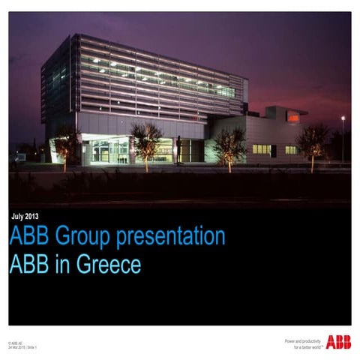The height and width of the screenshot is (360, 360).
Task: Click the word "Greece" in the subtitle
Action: [x=105, y=265]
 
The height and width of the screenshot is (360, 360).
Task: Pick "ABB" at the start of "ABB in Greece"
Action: [x=28, y=265]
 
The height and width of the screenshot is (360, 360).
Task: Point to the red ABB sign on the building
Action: [x=293, y=117]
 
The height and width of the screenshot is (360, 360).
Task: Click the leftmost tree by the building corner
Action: [x=67, y=142]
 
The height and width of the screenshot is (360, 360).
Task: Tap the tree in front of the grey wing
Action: [x=228, y=145]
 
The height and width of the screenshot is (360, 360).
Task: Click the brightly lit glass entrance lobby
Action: [x=105, y=150]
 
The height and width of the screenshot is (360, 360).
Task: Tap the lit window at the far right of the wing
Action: [x=291, y=149]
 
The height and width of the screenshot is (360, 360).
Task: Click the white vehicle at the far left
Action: [x=20, y=157]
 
